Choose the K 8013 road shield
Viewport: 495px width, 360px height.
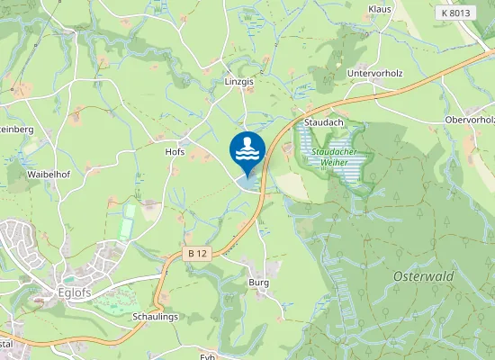(457, 13)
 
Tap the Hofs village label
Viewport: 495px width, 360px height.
(175, 152)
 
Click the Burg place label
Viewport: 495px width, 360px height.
(258, 282)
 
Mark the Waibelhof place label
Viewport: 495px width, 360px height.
(49, 173)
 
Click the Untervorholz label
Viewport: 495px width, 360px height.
(373, 72)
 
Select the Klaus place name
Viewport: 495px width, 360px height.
(380, 9)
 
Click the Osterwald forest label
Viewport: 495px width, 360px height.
(422, 276)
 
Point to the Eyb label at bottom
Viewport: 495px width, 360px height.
(210, 355)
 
